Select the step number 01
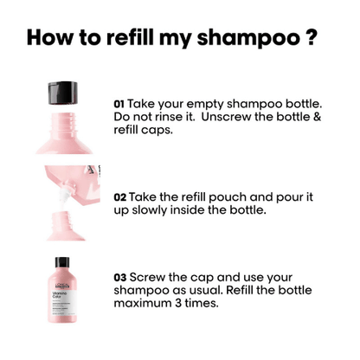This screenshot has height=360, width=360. (119, 102)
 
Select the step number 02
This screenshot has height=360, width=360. (119, 197)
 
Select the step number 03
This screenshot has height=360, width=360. (119, 278)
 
